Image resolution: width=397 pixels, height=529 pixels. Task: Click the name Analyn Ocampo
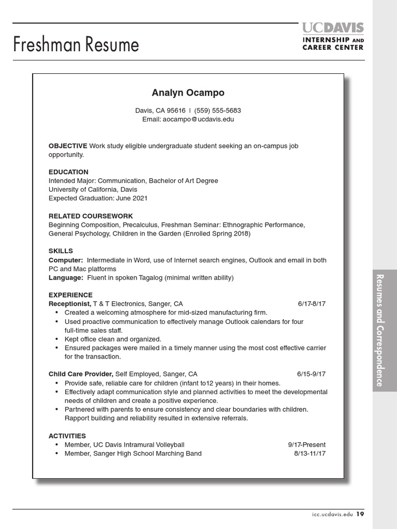click(x=188, y=93)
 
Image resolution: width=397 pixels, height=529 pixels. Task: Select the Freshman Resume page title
click(x=76, y=44)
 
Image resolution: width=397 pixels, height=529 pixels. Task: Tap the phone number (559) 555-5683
click(x=218, y=111)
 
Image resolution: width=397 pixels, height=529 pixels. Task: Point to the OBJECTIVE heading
click(x=68, y=146)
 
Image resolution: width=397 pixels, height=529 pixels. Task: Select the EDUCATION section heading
click(x=68, y=172)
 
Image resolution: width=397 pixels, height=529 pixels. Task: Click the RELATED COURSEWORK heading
click(x=90, y=216)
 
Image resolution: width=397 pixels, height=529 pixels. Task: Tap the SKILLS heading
click(x=61, y=251)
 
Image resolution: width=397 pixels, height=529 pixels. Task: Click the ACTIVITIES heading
click(x=67, y=436)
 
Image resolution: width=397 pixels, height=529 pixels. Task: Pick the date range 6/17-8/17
click(x=312, y=304)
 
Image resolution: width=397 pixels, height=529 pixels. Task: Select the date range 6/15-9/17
click(x=311, y=374)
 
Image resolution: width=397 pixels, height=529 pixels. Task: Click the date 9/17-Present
click(x=307, y=445)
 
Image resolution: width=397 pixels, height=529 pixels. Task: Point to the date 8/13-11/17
click(x=310, y=454)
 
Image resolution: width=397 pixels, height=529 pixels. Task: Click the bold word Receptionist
click(x=70, y=304)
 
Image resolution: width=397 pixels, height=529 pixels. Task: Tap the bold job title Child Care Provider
click(x=81, y=374)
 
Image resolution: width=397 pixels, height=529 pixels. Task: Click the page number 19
click(x=360, y=514)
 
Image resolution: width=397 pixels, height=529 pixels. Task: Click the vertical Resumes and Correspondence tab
click(x=380, y=330)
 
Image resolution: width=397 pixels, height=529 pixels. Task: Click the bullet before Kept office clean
click(x=56, y=339)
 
